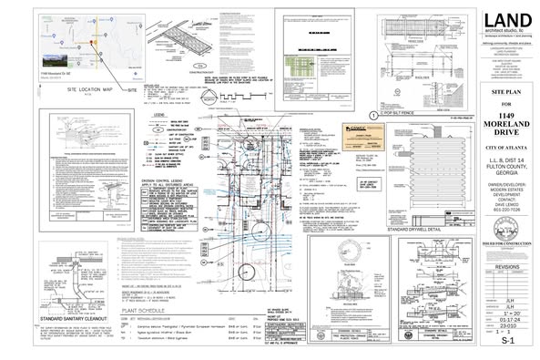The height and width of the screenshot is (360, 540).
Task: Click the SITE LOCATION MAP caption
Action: (x=71, y=90)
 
